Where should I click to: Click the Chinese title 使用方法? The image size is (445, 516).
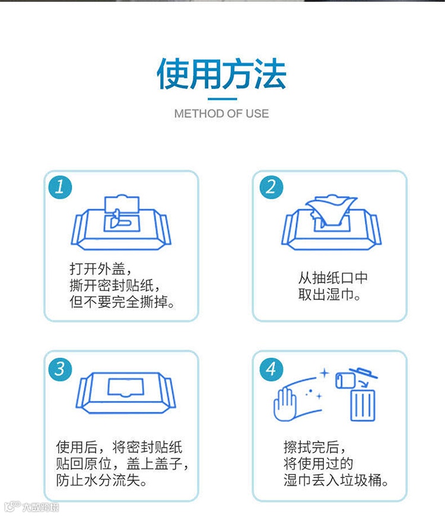click(221, 74)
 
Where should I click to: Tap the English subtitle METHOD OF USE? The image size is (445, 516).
click(221, 114)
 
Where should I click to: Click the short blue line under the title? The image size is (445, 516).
click(222, 99)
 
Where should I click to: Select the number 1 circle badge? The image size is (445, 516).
click(60, 187)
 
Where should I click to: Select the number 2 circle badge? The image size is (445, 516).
click(271, 187)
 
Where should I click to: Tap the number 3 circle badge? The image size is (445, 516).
click(60, 369)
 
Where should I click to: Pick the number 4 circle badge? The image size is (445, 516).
click(271, 369)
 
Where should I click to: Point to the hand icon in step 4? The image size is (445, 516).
click(285, 404)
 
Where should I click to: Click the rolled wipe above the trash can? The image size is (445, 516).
click(345, 381)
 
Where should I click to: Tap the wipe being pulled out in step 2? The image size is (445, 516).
click(331, 211)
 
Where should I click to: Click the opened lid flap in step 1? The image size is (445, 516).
click(122, 206)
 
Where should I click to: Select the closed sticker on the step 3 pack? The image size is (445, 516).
click(126, 387)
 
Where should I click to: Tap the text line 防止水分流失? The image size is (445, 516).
click(101, 480)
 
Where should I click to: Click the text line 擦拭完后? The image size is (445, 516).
click(315, 447)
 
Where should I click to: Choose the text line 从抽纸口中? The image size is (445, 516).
click(333, 277)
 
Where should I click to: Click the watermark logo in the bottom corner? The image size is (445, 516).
click(31, 507)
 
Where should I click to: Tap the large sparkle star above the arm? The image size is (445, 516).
click(325, 373)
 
